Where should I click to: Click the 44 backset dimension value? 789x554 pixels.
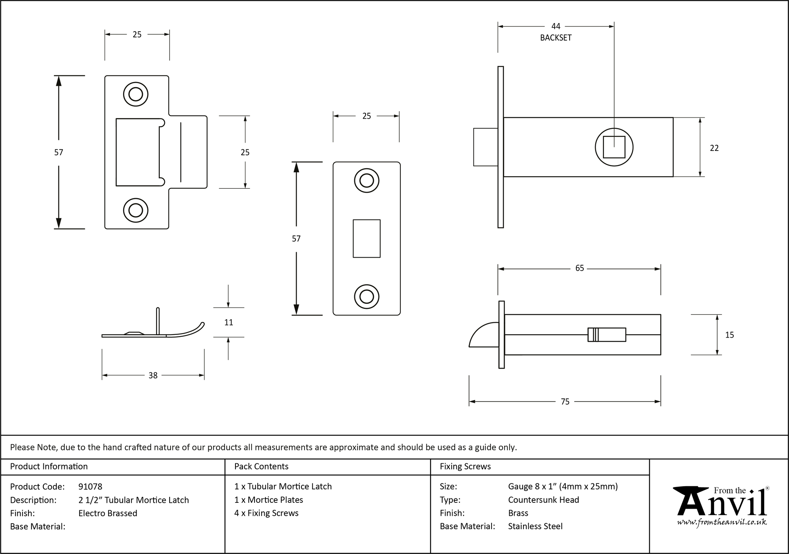point(555,26)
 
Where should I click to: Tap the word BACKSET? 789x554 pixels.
point(555,38)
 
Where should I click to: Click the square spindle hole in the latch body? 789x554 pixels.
point(614,147)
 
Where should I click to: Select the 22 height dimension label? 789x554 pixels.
point(714,148)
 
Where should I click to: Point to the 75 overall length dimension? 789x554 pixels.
point(565,402)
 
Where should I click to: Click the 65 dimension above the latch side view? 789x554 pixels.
point(579,268)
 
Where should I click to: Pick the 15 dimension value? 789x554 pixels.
point(729,335)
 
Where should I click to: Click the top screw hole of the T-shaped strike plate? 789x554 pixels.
point(136,95)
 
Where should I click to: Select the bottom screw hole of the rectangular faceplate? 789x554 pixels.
point(366,297)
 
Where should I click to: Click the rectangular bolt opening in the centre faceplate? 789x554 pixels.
point(366,238)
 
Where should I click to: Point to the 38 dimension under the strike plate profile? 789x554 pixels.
point(153,376)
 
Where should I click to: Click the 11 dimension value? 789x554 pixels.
point(228,323)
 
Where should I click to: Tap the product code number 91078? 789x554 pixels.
point(90,487)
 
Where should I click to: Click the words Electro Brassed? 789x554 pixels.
point(108,513)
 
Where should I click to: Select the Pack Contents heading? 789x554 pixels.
point(261,467)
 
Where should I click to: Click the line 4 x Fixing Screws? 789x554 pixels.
point(266,513)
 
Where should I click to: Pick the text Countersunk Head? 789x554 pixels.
point(543,500)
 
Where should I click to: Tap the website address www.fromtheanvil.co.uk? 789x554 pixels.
point(722,522)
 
